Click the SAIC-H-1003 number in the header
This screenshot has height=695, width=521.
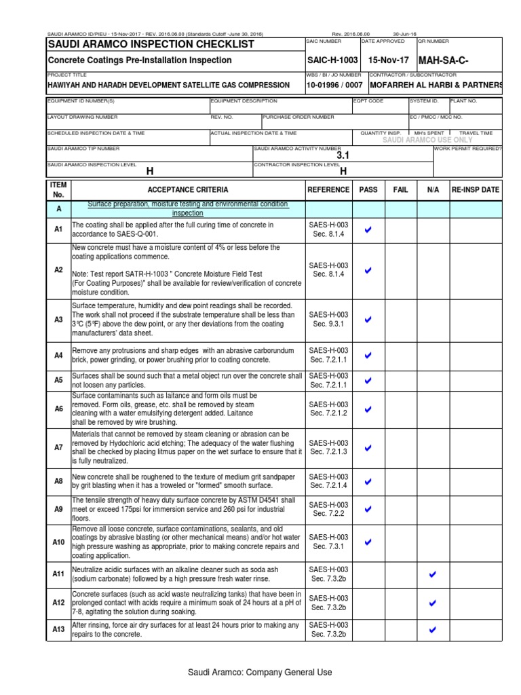pos(332,60)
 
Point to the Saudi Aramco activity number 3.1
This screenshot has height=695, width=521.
pos(343,155)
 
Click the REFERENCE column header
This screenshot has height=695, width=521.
pos(328,190)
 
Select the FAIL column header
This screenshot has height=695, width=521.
pos(401,190)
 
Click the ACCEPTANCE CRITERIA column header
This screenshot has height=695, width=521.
pos(188,190)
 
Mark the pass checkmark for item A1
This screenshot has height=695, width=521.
pos(368,230)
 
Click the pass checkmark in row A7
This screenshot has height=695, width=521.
pos(368,448)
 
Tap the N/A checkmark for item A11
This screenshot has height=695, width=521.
pos(433,574)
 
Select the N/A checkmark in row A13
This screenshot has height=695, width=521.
pos(433,630)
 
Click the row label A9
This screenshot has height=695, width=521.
pos(58,509)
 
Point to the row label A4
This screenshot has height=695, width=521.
pos(58,355)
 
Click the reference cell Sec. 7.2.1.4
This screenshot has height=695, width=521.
pos(328,487)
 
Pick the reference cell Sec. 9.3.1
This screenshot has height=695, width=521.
pos(328,324)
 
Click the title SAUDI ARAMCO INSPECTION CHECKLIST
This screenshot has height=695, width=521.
pos(151,44)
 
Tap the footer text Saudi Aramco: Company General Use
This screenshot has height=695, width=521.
pos(260,673)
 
